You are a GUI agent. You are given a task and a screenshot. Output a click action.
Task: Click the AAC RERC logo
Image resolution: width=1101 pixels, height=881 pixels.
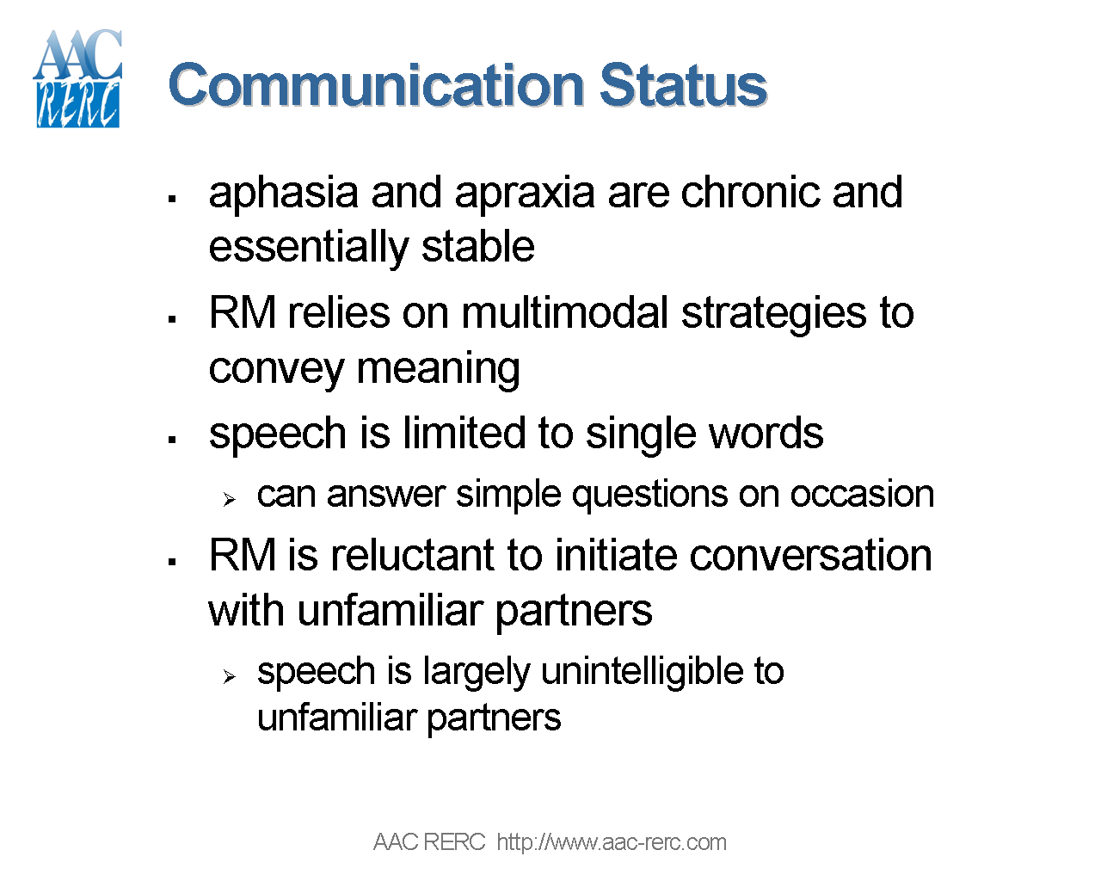77,79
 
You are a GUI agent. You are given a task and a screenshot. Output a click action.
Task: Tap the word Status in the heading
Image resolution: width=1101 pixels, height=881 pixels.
683,85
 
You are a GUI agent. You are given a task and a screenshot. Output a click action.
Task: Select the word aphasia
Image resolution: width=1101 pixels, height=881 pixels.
283,193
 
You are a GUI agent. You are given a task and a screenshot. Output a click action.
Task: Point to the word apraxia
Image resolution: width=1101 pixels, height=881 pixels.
524,193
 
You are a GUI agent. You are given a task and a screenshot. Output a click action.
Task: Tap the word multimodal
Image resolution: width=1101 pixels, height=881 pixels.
565,313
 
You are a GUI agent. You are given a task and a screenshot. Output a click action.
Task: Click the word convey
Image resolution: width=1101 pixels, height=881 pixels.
276,370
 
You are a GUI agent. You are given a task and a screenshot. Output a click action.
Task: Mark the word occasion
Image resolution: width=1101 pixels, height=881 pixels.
862,495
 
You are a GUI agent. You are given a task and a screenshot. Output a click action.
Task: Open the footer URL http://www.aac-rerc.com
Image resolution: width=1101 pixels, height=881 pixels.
612,842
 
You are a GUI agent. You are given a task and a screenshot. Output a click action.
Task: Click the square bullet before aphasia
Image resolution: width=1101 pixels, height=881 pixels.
172,199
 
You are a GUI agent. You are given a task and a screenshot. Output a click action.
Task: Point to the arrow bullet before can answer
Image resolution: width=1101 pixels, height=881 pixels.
229,499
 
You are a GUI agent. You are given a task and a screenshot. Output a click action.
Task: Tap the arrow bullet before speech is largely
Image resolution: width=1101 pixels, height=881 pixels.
229,677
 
